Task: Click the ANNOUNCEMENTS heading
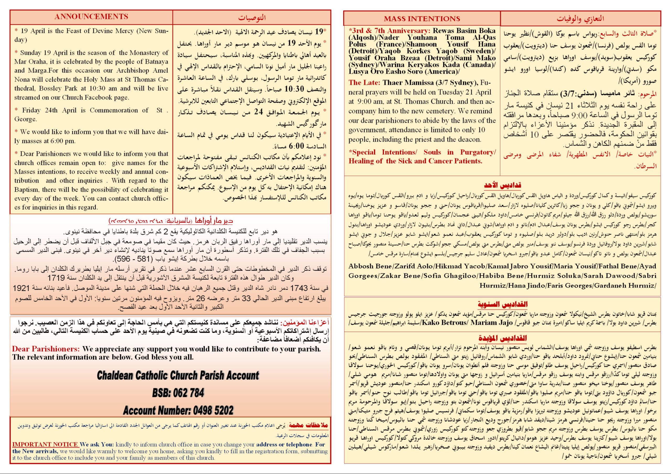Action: click(91, 17)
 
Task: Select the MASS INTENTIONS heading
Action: click(422, 19)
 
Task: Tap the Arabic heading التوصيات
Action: click(252, 18)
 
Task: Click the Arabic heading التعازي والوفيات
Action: click(580, 19)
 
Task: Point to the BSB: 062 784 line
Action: click(178, 393)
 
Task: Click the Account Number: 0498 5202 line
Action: click(178, 410)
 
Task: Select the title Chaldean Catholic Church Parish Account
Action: click(178, 375)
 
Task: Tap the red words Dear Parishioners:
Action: click(46, 349)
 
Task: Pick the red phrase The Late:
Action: click(364, 83)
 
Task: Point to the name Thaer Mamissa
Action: click(408, 83)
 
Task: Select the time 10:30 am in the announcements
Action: click(107, 89)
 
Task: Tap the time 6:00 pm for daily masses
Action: click(66, 141)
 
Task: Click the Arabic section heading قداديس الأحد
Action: click(502, 185)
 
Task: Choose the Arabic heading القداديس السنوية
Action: click(502, 305)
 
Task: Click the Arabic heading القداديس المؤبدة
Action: click(502, 338)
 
